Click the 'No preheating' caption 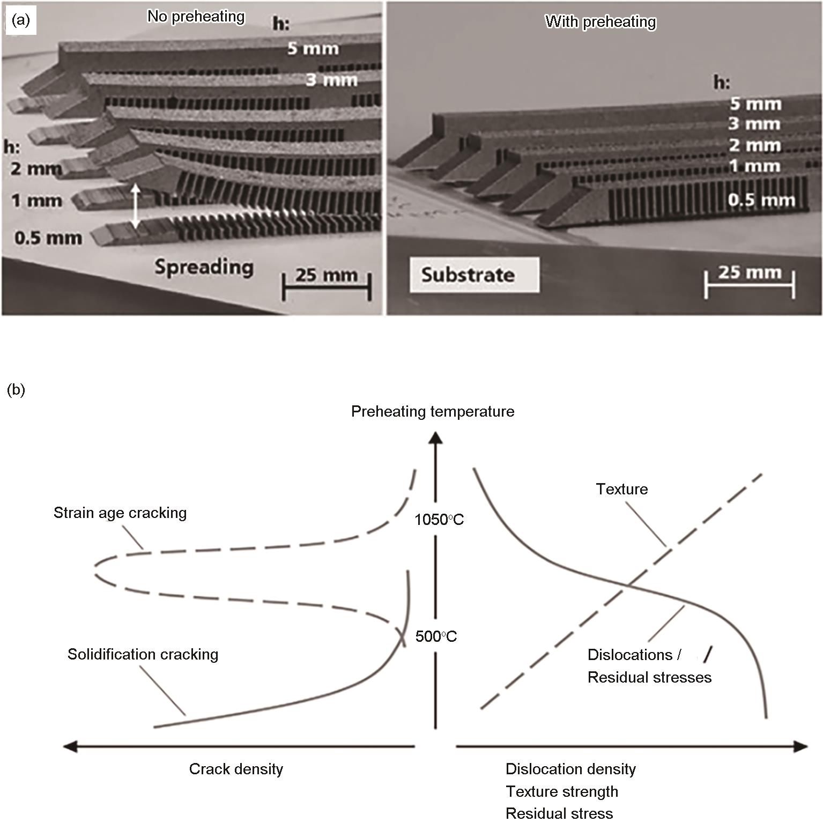[196, 17]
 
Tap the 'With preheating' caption [600, 22]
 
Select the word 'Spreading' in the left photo [204, 266]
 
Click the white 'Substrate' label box [474, 275]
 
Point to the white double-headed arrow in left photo [136, 207]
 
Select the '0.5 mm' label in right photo [761, 201]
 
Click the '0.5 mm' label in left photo [48, 238]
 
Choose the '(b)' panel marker [16, 390]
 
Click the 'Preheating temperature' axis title [433, 411]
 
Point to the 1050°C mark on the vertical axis [439, 520]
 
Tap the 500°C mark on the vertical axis [436, 636]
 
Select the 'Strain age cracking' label [120, 513]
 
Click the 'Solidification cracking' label [143, 654]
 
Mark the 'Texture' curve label [622, 489]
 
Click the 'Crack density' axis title [236, 769]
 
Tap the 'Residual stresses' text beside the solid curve [649, 677]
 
